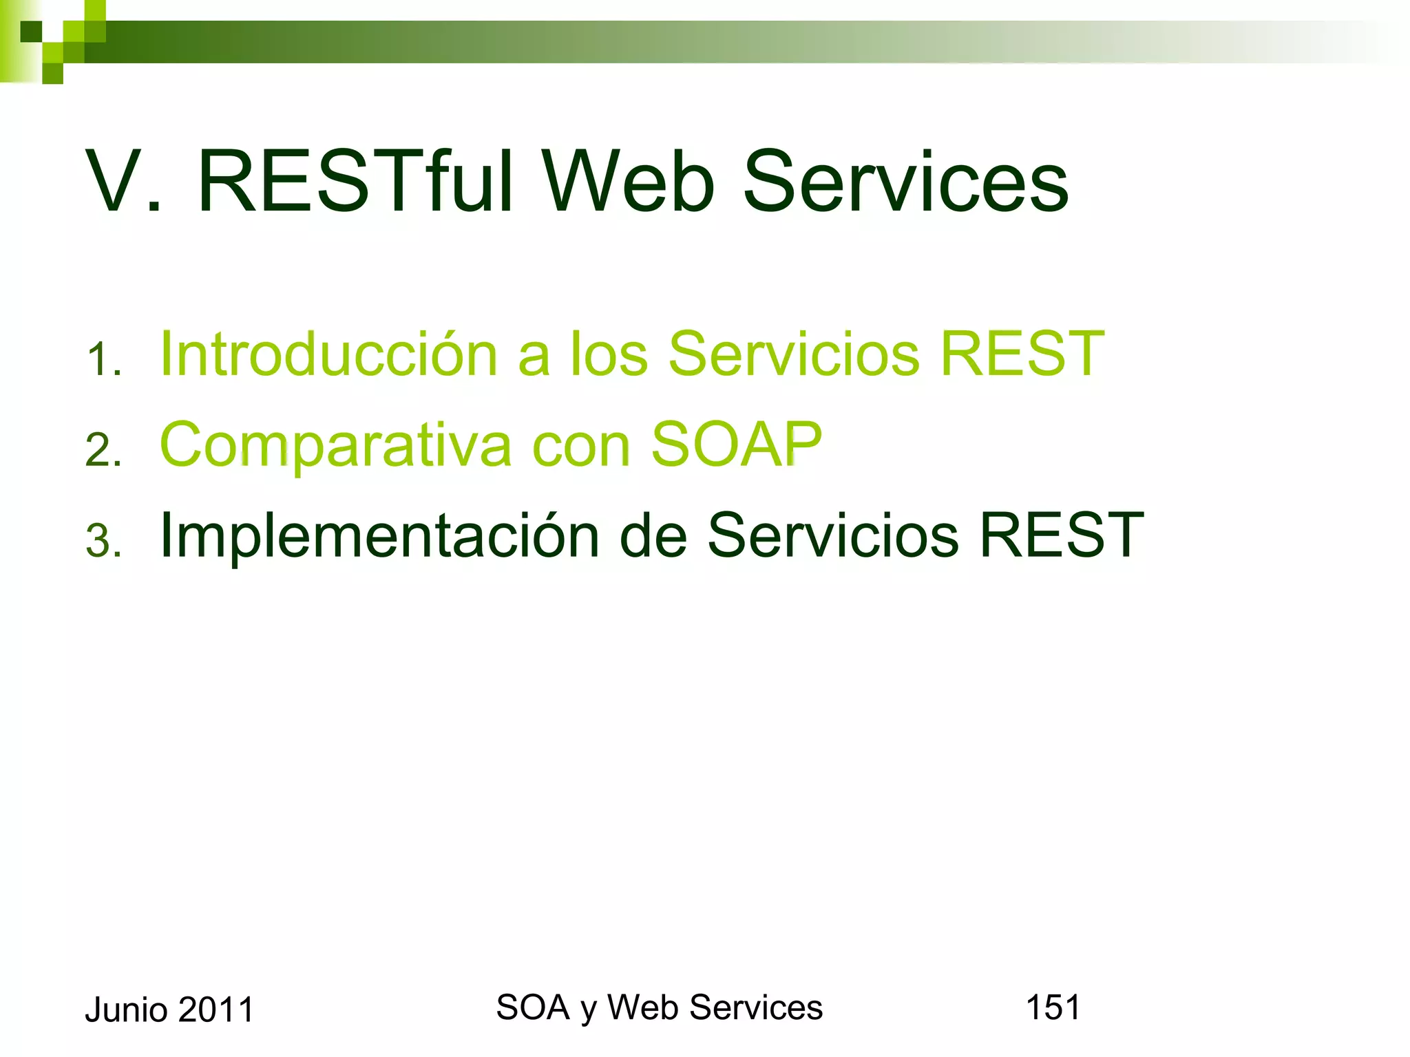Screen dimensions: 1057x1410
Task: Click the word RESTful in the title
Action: pyautogui.click(x=355, y=182)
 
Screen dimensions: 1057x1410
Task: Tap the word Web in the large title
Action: pyautogui.click(x=629, y=182)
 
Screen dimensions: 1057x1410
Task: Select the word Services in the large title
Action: pyautogui.click(x=905, y=182)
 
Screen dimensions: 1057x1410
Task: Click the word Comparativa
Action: pyautogui.click(x=335, y=445)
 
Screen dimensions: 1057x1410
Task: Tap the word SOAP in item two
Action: pyautogui.click(x=736, y=445)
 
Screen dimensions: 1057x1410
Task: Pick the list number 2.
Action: pyautogui.click(x=103, y=451)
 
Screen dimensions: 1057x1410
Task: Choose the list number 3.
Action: pyautogui.click(x=103, y=541)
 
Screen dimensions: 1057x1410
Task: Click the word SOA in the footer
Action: pyautogui.click(x=532, y=1007)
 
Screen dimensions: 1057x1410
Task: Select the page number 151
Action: pyautogui.click(x=1053, y=1007)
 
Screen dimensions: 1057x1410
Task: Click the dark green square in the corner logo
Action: pyautogui.click(x=30, y=32)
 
